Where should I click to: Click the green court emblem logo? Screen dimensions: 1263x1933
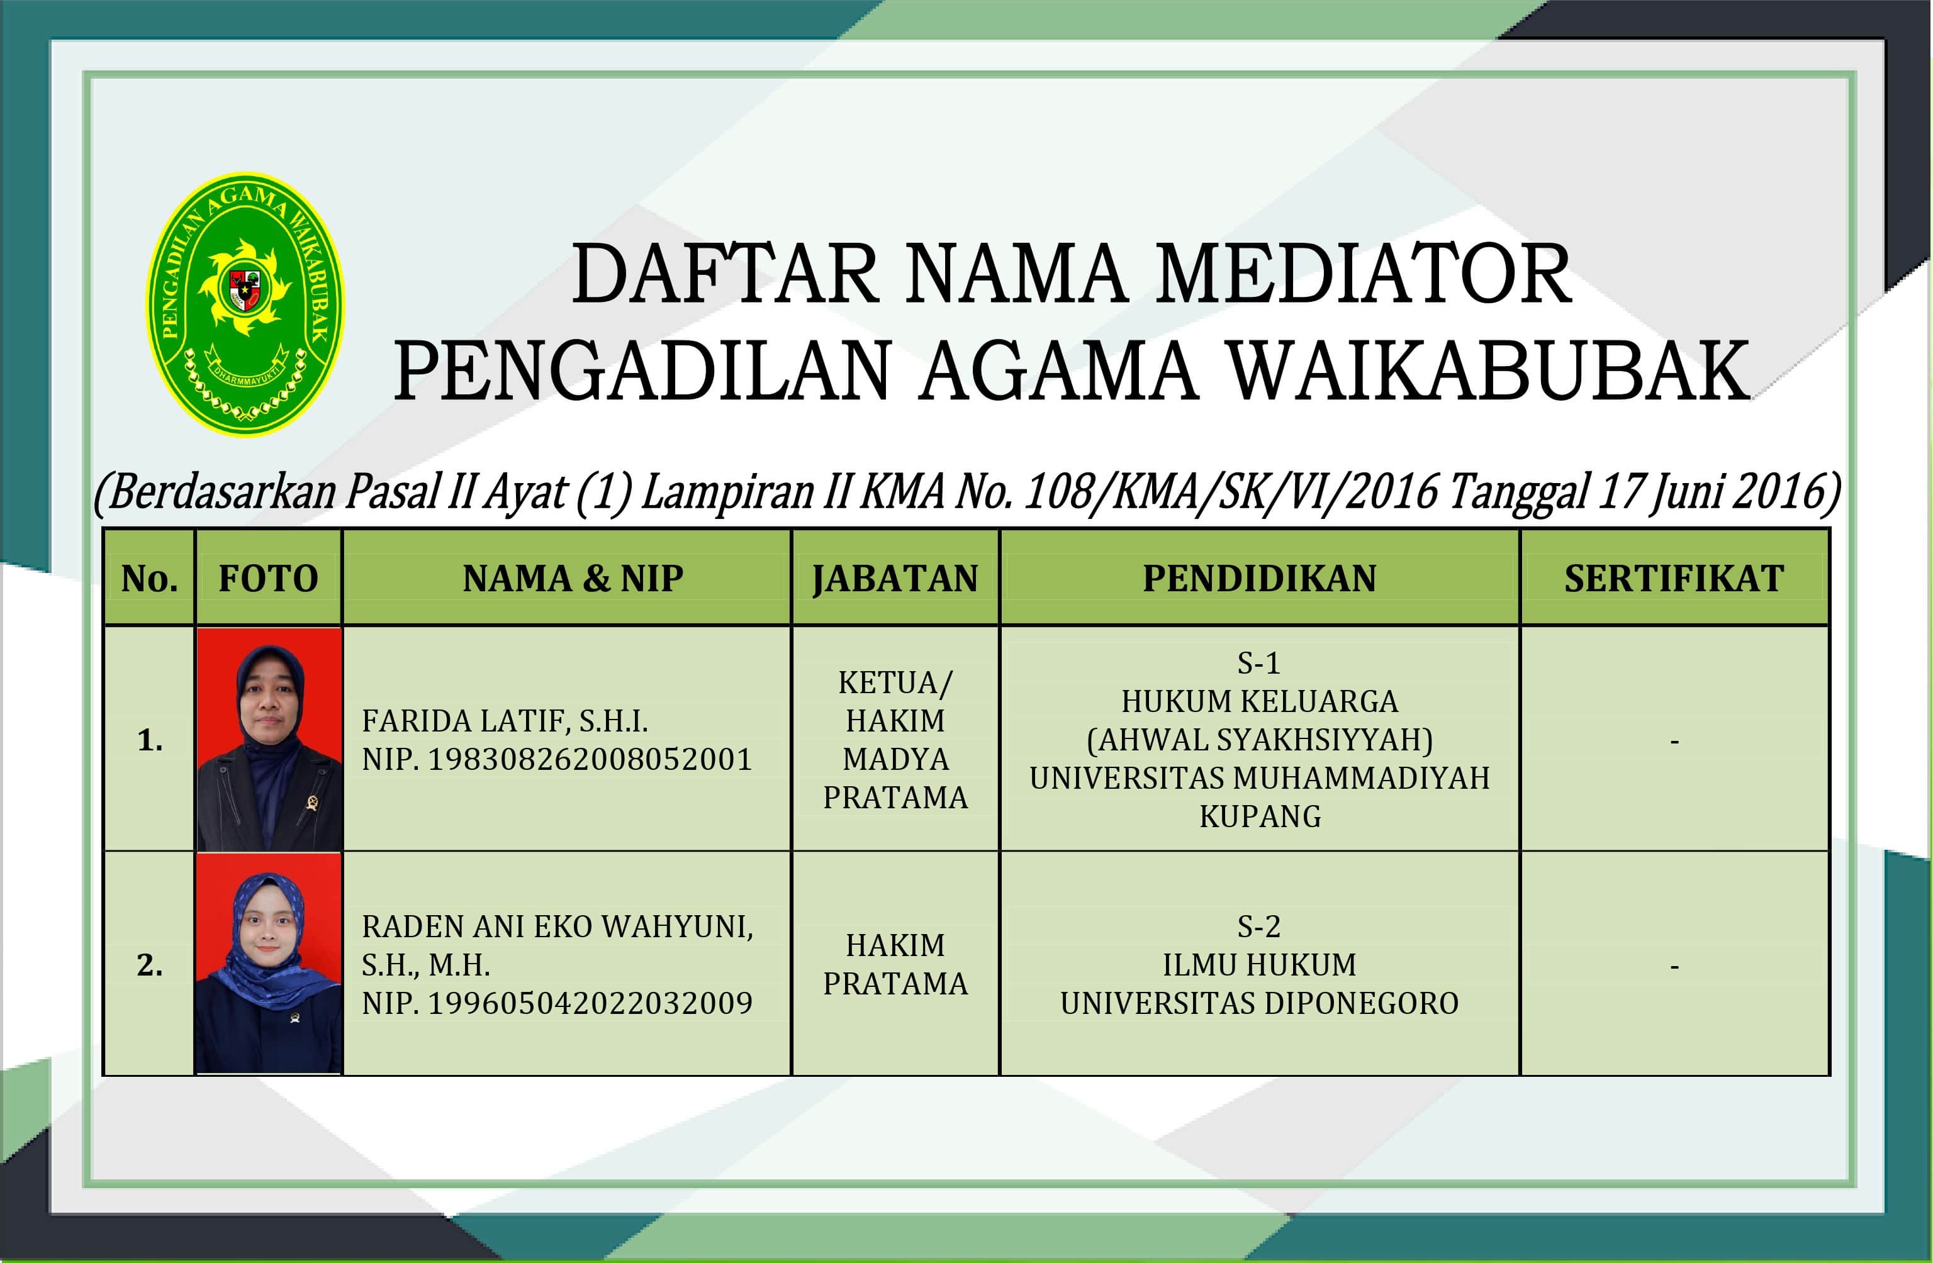245,304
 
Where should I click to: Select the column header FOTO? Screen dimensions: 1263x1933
268,579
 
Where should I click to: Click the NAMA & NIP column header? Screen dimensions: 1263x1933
573,579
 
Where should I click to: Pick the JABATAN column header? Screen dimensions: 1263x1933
895,579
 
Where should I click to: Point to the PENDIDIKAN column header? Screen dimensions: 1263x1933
1259,579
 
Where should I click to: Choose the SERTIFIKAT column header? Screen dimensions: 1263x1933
1674,579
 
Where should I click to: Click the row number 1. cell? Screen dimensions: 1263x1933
149,740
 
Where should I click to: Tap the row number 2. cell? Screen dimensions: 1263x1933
149,965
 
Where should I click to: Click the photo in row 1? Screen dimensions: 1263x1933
269,738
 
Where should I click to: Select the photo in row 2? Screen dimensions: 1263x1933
269,964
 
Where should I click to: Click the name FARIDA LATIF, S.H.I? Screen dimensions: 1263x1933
505,721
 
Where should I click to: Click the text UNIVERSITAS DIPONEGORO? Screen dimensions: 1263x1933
1259,1004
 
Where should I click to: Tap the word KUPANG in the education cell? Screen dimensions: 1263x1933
1260,816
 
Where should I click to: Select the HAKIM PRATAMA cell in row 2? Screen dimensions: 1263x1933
895,964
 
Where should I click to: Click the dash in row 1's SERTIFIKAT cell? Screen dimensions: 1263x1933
1674,741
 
